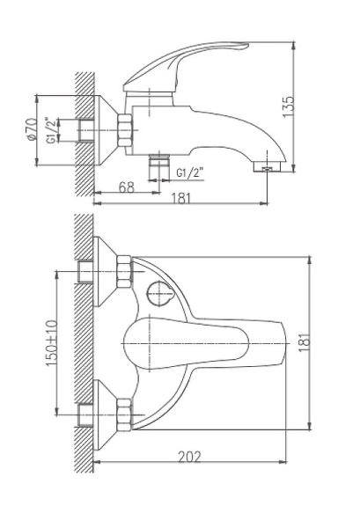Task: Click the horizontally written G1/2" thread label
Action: point(190,173)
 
